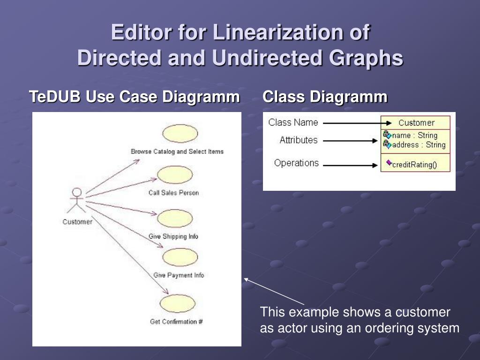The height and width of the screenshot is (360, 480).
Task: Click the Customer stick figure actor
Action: (x=76, y=201)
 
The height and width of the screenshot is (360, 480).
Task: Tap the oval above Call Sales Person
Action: (x=175, y=175)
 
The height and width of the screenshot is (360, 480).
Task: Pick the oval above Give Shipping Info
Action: (x=175, y=218)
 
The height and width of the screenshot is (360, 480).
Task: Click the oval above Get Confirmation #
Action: (x=177, y=304)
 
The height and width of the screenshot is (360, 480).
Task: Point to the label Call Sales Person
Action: (x=173, y=193)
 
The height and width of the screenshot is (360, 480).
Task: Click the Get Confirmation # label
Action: (x=176, y=322)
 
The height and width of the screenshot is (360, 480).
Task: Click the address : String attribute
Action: (x=419, y=145)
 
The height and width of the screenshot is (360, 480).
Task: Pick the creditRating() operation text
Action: (x=414, y=165)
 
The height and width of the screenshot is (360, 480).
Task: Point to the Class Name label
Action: (x=293, y=123)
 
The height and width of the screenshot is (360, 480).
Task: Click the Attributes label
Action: (x=299, y=140)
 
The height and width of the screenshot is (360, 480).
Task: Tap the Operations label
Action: (x=296, y=163)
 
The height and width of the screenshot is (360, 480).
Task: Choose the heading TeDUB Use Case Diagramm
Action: (x=134, y=97)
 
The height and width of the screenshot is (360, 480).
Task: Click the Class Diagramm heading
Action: (x=325, y=97)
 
